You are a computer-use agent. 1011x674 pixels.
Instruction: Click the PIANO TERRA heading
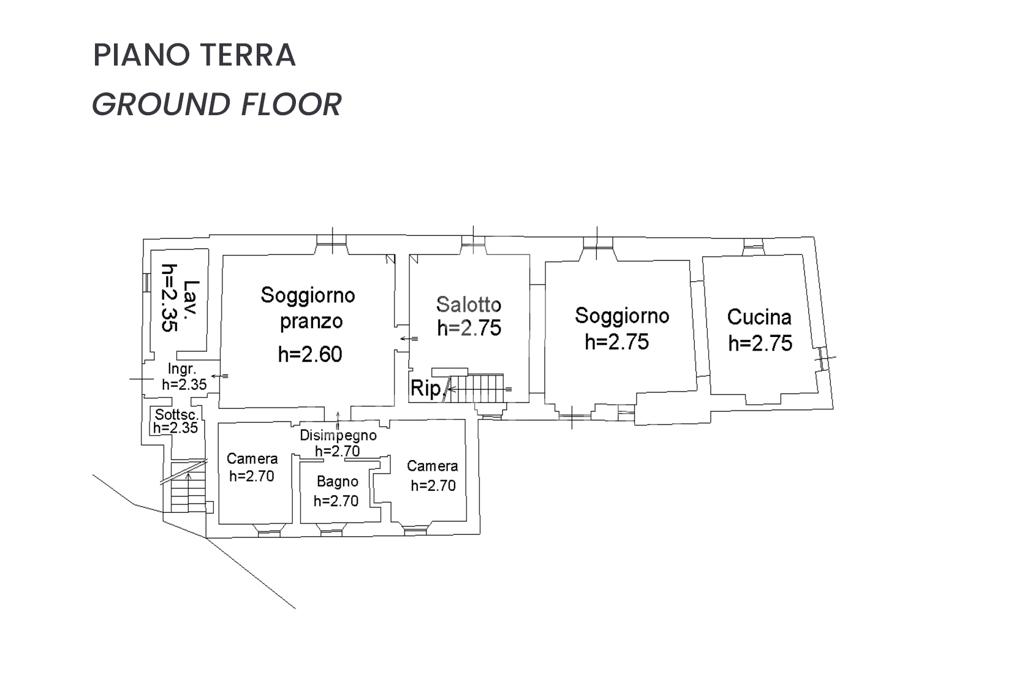tap(194, 55)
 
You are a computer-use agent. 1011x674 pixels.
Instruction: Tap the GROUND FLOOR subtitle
tap(217, 104)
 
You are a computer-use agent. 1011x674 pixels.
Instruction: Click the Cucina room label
tap(759, 317)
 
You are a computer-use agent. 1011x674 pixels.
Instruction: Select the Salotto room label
tap(469, 305)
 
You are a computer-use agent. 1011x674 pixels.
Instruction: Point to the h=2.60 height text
tap(310, 354)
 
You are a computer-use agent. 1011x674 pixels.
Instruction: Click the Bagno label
tap(338, 482)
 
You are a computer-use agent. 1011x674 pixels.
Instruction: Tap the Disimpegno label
tap(338, 435)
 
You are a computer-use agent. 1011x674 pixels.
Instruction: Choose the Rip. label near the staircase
tap(426, 388)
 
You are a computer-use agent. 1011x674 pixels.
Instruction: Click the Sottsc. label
tap(176, 414)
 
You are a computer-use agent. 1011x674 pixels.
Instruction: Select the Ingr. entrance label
tap(182, 369)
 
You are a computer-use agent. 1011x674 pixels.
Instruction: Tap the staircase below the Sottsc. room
tap(188, 487)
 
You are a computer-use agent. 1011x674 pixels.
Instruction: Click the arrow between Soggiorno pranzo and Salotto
tap(409, 339)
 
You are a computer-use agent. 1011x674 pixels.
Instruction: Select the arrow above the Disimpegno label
tap(338, 420)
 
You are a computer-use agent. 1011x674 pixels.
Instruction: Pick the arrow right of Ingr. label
tap(220, 376)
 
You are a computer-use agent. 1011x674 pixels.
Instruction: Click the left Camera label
tap(252, 459)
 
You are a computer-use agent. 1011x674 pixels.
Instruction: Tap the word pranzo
tap(311, 322)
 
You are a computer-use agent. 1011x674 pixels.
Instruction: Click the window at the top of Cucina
tap(753, 247)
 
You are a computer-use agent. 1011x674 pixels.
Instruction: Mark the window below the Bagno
tap(331, 530)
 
